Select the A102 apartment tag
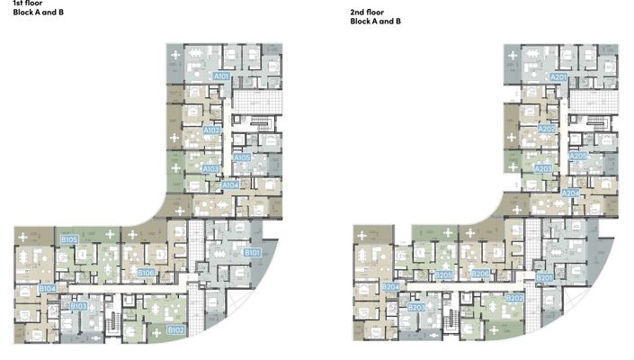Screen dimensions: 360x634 click(212, 130)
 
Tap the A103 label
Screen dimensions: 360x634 click(211, 168)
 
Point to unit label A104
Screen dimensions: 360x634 click(230, 184)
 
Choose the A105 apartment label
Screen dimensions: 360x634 click(242, 157)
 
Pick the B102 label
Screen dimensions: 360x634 click(176, 330)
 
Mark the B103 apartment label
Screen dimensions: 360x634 click(79, 307)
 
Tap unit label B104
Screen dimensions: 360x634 click(48, 288)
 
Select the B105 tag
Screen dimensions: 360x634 click(69, 238)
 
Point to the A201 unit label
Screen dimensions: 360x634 click(558, 77)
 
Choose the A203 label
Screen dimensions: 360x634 click(544, 168)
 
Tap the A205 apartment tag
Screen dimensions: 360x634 click(578, 157)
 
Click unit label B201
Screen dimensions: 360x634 click(544, 278)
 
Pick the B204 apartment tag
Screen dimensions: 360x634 click(390, 287)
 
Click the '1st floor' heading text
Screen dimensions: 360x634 click(17, 4)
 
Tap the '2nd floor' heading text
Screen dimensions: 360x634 click(368, 11)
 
